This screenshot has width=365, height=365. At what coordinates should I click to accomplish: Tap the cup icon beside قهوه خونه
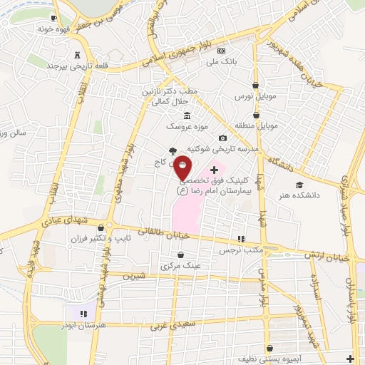(x=54, y=18)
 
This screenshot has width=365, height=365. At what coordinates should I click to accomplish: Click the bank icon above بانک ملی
(x=221, y=51)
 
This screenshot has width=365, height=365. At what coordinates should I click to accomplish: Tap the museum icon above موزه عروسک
(x=187, y=116)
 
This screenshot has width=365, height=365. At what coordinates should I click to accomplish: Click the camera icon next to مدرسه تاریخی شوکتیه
(x=222, y=138)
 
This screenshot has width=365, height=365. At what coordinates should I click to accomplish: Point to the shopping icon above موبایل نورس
(x=255, y=86)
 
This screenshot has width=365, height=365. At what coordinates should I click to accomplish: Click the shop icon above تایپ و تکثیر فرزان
(x=110, y=228)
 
